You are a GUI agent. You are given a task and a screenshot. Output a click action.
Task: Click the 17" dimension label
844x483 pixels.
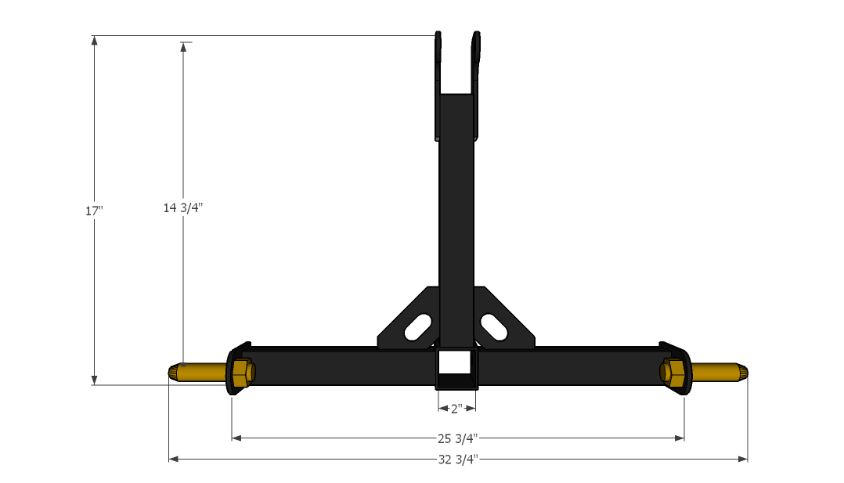(x=94, y=211)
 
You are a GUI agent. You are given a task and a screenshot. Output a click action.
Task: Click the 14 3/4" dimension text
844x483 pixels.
(x=183, y=207)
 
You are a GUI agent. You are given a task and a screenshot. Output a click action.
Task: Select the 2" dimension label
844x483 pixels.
(x=456, y=408)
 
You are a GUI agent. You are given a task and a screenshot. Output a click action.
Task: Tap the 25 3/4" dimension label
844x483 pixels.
(x=458, y=438)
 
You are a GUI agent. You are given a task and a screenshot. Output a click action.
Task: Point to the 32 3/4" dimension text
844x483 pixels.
(x=458, y=460)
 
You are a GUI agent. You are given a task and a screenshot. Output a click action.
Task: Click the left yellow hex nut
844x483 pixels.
(x=242, y=372)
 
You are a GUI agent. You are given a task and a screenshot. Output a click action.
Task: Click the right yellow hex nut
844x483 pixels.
(x=674, y=371)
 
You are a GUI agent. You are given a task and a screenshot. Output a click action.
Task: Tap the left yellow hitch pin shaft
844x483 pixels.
(x=200, y=372)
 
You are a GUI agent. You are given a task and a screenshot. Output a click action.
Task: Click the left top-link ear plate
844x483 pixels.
(x=438, y=86)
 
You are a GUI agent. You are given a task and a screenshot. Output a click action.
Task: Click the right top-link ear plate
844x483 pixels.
(x=476, y=86)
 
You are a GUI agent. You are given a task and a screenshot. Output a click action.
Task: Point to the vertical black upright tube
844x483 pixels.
(x=456, y=211)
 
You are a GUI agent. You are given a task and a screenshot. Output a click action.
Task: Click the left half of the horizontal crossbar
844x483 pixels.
(x=337, y=367)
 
